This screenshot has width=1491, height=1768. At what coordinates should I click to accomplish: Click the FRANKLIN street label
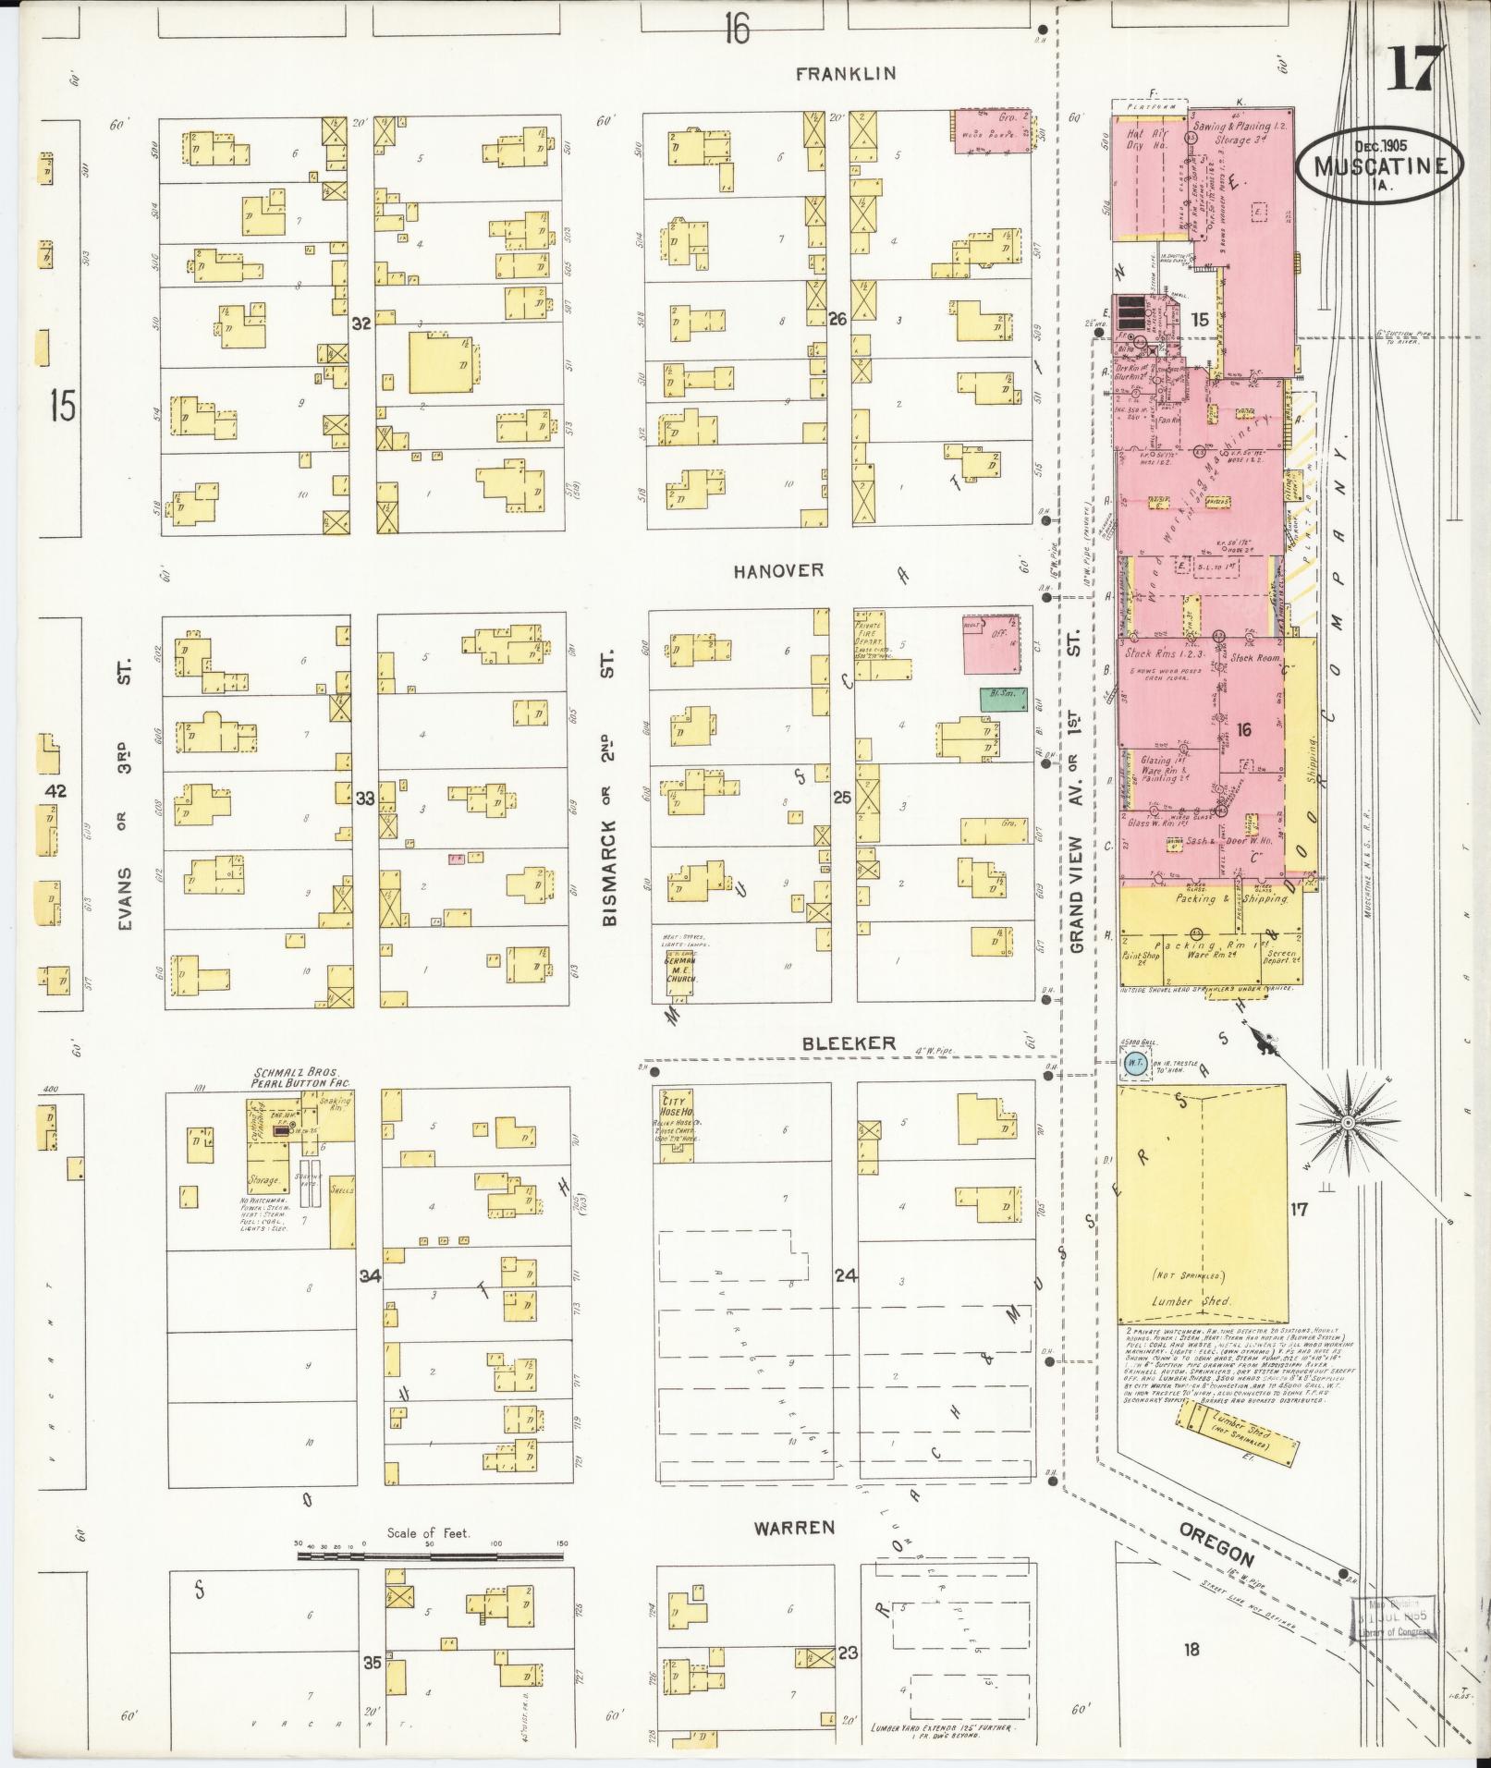[847, 73]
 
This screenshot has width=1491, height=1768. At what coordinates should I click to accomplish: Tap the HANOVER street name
[778, 571]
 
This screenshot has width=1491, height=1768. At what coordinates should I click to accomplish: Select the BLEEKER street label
[848, 1043]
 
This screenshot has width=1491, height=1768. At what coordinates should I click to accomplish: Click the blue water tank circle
[1132, 1065]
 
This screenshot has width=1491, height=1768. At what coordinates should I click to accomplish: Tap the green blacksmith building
[1005, 699]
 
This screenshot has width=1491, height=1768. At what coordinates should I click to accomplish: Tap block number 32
[361, 323]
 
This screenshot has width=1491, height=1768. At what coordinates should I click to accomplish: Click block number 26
[837, 320]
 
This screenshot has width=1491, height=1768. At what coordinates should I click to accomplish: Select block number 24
[845, 1276]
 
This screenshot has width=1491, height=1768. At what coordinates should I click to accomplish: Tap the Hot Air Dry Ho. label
[1147, 140]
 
